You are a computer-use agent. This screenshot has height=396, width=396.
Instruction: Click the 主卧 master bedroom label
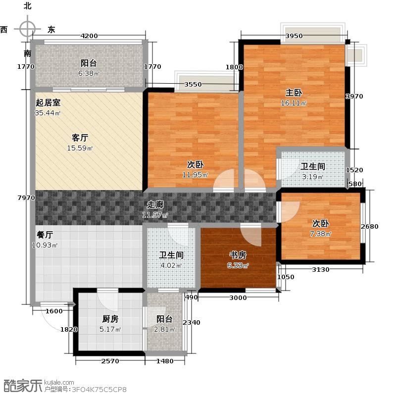coord(294,93)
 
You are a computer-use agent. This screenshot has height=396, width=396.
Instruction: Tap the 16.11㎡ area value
coord(294,103)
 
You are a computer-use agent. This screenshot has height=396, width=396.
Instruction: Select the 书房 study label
coord(238,255)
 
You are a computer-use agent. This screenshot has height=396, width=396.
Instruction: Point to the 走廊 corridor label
coord(155,204)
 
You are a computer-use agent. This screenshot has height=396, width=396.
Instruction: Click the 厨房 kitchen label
coord(110,319)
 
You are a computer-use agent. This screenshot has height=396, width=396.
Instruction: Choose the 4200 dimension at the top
coord(89,36)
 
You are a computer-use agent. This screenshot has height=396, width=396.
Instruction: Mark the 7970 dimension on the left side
coord(26,198)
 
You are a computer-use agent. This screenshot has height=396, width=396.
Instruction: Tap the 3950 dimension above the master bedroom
coord(294,36)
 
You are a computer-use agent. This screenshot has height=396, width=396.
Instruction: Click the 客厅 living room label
coord(80,138)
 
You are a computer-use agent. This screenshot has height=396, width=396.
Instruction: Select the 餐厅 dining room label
coord(45,235)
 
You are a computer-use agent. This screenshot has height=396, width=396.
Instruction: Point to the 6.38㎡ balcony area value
coord(89,73)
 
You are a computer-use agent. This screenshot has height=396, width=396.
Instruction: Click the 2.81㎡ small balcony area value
coord(165,329)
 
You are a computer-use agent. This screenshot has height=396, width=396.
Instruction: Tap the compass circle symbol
coord(27,29)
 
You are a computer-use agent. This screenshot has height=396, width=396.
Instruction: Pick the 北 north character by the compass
coord(28,6)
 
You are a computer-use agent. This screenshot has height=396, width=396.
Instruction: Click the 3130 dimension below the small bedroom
coord(320,269)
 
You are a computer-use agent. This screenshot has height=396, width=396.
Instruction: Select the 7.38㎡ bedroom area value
coord(320,234)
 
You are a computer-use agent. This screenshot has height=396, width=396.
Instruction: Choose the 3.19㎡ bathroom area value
coord(313,177)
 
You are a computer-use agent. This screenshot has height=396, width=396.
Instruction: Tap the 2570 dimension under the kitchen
coord(110,361)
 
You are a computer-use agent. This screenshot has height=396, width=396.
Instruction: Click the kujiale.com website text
coord(59,383)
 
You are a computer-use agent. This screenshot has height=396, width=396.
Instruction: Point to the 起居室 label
coord(48,102)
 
